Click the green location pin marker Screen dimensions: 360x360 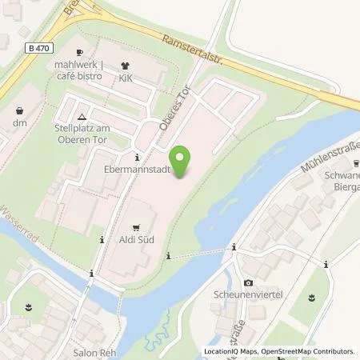click(182, 163)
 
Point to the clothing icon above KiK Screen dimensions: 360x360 click(124, 67)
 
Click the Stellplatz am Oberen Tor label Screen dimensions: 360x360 click(94, 130)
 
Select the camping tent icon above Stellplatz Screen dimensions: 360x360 click(94, 116)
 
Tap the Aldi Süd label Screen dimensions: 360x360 click(136, 239)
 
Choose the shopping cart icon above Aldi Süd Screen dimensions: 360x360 click(135, 226)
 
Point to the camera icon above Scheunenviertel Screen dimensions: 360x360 click(248, 283)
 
